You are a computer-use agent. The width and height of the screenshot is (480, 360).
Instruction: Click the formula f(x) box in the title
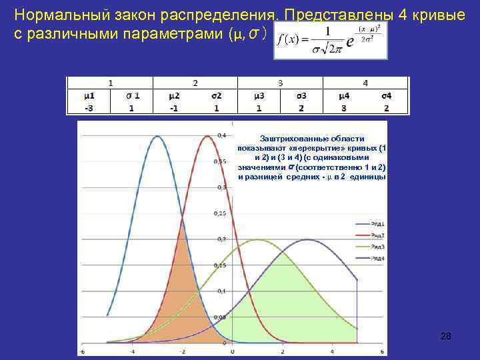330,43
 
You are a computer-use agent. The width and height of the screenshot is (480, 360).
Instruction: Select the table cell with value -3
89,109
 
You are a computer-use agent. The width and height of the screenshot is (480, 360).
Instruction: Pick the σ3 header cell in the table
301,96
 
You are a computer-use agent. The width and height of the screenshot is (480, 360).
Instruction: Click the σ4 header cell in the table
386,96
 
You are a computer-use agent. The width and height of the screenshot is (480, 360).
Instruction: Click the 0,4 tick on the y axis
221,136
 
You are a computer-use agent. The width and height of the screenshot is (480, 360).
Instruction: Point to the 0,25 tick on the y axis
220,213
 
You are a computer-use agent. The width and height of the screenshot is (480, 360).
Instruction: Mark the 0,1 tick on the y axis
221,291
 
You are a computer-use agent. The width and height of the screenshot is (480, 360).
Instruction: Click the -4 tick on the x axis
133,351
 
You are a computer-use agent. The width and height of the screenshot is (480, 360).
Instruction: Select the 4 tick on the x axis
331,351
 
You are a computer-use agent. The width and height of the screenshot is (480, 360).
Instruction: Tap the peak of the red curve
207,137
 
